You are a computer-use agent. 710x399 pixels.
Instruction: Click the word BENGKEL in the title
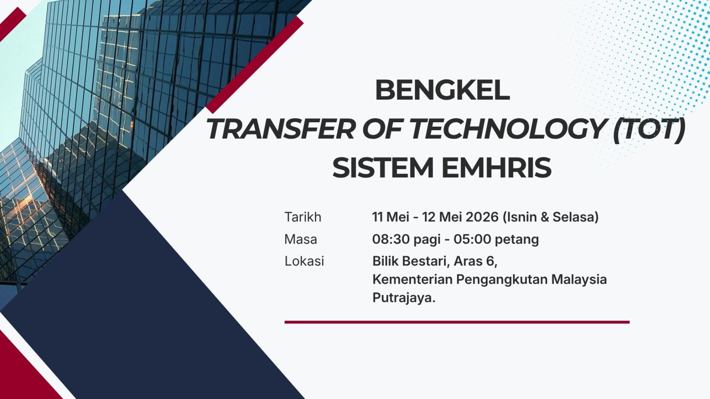[x=442, y=90]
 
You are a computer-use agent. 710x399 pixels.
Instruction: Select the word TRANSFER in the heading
[x=280, y=129]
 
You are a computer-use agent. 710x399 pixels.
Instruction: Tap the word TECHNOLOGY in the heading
[x=507, y=129]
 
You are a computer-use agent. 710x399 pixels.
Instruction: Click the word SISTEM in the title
[x=383, y=168]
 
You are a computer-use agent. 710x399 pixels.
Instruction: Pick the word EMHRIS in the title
[x=497, y=168]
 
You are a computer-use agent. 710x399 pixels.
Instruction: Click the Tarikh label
[x=303, y=217]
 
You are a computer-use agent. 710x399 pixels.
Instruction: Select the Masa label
[x=301, y=239]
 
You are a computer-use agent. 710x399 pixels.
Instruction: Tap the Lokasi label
[x=304, y=261]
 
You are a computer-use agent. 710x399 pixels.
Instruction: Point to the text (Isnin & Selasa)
[x=550, y=217]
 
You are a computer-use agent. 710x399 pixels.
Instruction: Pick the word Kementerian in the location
[x=412, y=279]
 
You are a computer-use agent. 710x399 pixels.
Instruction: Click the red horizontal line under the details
[x=457, y=322]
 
